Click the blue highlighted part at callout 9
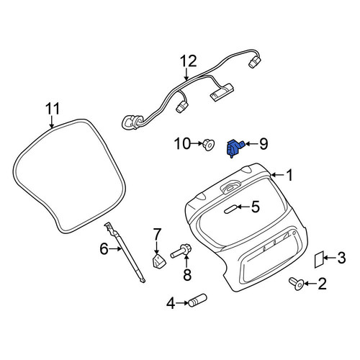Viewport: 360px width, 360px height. [x=234, y=148]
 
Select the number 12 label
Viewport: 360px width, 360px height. [x=189, y=61]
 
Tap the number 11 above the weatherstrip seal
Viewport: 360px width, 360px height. [x=53, y=109]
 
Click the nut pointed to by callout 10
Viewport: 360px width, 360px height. [x=208, y=145]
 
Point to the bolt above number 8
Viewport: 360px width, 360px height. [x=181, y=251]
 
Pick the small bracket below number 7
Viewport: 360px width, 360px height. [x=159, y=261]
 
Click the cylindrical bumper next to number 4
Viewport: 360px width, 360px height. [x=198, y=300]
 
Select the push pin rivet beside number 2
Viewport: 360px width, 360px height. [x=297, y=284]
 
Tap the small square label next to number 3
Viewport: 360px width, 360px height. [x=319, y=259]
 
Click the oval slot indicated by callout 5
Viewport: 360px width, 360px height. [x=230, y=210]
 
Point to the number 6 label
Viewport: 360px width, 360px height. [x=104, y=249]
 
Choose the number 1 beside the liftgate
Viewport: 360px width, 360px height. [x=289, y=175]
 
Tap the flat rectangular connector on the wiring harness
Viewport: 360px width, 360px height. [x=222, y=92]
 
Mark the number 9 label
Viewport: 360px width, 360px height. [x=264, y=144]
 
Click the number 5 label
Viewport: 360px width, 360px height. [x=256, y=207]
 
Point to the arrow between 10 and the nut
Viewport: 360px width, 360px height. [x=197, y=144]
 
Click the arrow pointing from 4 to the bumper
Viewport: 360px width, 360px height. [x=182, y=303]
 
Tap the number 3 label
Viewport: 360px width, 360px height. [x=341, y=258]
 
